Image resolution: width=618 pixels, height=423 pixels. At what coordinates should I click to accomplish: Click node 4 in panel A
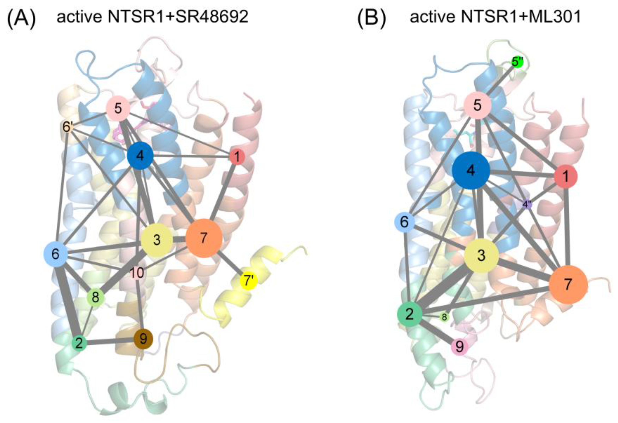pyautogui.click(x=140, y=156)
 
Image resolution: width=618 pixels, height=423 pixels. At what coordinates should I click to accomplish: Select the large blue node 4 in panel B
pyautogui.click(x=471, y=171)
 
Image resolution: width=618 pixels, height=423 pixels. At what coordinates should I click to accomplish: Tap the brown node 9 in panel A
pyautogui.click(x=143, y=339)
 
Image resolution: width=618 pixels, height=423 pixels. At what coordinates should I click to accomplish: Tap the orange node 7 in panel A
pyautogui.click(x=204, y=238)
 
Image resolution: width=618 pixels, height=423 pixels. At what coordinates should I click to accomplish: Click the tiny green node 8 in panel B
pyautogui.click(x=444, y=317)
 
